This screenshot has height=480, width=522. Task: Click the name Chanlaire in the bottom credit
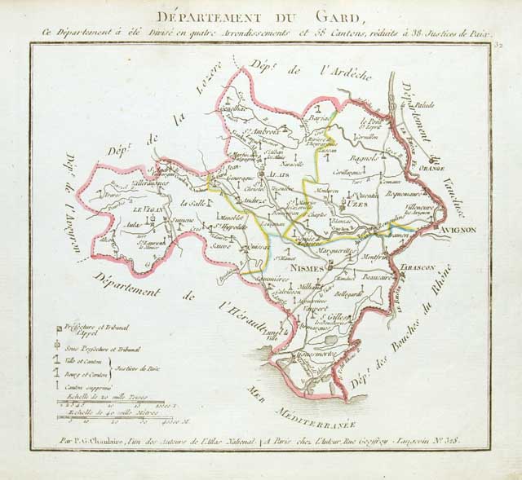108,441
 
